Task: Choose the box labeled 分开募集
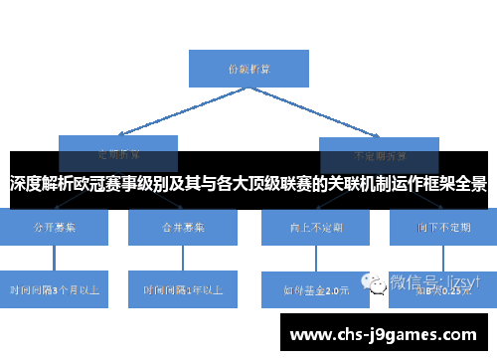pyautogui.click(x=54, y=227)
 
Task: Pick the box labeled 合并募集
pyautogui.click(x=183, y=227)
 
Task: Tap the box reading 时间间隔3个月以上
pyautogui.click(x=54, y=289)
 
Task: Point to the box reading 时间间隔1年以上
pyautogui.click(x=183, y=289)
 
